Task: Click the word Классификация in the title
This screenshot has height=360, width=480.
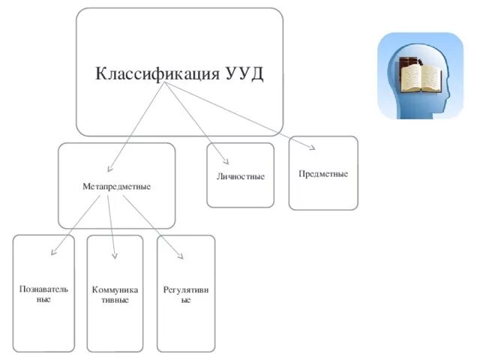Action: [155, 74]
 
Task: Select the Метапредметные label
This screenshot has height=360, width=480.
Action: [116, 185]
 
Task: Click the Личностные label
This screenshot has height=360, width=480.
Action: [240, 176]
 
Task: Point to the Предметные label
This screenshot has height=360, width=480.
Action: [322, 173]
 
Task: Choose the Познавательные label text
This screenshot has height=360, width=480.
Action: [43, 294]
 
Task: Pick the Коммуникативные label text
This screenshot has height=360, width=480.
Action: [114, 294]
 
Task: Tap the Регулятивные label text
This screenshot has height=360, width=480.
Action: [185, 294]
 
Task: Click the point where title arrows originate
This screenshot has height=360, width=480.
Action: [164, 84]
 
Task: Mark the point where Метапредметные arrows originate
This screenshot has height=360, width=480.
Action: [106, 194]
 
